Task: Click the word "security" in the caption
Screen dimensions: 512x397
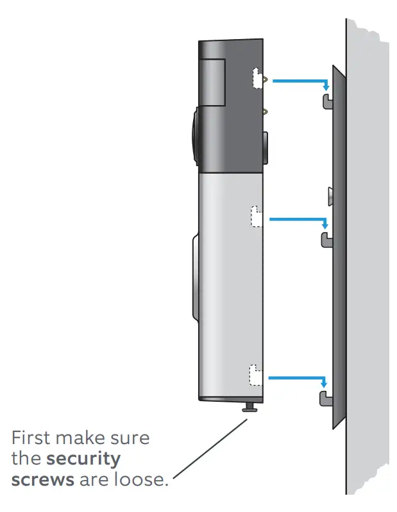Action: tap(84, 459)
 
